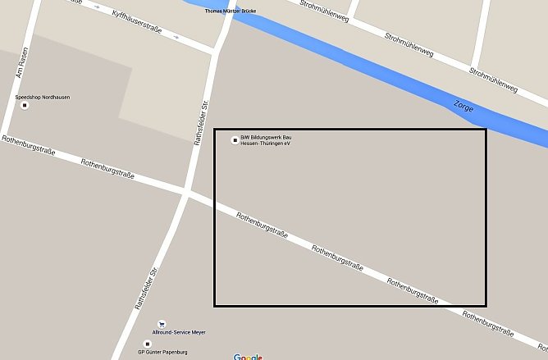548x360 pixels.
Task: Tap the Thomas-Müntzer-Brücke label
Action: (x=230, y=11)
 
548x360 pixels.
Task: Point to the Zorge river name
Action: (x=463, y=107)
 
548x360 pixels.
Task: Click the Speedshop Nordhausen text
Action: (x=43, y=98)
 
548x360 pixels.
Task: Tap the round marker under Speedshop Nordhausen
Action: (x=24, y=106)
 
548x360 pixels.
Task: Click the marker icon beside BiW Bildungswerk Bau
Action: (x=235, y=139)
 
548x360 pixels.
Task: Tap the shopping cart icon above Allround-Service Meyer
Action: (x=162, y=325)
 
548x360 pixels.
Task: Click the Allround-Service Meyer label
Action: (x=180, y=332)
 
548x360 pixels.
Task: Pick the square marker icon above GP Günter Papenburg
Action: (x=148, y=344)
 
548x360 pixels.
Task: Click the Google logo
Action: (x=248, y=357)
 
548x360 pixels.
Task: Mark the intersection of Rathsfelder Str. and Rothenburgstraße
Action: (x=186, y=194)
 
